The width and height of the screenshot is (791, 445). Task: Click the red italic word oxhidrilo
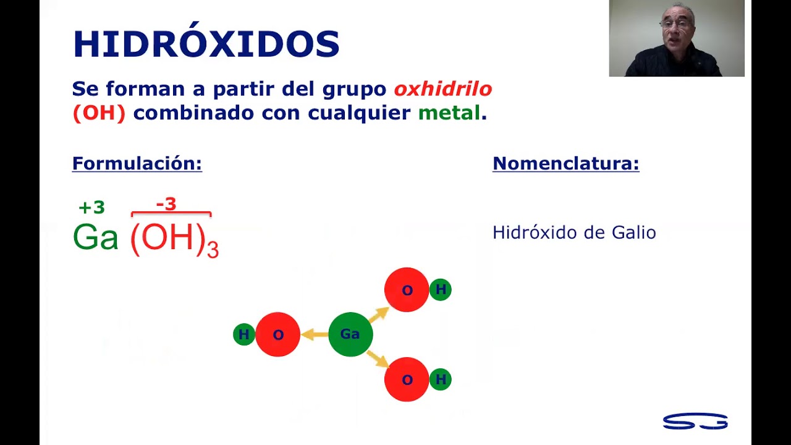[x=443, y=88]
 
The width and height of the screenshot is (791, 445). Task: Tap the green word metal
[x=449, y=113]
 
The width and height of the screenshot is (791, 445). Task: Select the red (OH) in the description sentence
[x=99, y=113]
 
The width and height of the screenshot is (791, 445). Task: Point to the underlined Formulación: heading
[x=137, y=164]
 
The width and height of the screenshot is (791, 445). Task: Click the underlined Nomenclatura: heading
[x=565, y=164]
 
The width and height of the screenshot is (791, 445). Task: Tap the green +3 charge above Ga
[x=92, y=207]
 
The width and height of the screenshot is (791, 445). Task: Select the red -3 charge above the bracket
[x=166, y=204]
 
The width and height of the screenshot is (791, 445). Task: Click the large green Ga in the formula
[x=95, y=237]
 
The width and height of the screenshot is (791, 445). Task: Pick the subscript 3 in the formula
[x=213, y=250]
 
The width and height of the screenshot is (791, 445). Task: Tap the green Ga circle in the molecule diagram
[x=350, y=334]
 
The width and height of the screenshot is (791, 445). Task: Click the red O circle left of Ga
[x=278, y=334]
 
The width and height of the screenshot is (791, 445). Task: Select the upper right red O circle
[x=407, y=290]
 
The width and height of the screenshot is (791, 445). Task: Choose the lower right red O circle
[x=407, y=379]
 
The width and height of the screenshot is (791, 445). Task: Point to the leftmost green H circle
[x=244, y=334]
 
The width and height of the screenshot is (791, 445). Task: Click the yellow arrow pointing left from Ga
[x=315, y=334]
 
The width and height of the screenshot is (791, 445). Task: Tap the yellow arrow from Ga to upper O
[x=379, y=315]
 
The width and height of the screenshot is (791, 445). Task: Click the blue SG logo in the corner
[x=695, y=421]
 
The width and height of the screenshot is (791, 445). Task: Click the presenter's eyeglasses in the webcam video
[x=675, y=24]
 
